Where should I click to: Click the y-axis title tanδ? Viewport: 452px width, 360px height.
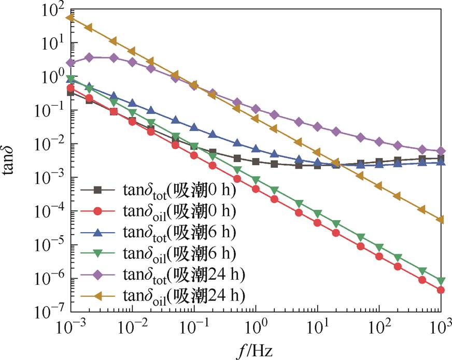click(11, 159)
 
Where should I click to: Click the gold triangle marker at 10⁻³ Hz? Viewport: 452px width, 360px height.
click(70, 18)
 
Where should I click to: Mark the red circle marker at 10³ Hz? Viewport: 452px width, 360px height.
click(441, 290)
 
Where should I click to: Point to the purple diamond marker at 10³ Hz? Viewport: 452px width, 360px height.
click(441, 151)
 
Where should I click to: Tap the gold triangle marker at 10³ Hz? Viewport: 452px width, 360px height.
click(441, 220)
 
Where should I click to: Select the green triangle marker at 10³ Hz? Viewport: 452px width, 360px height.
click(441, 281)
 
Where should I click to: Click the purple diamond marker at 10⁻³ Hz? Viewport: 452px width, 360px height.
click(70, 63)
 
